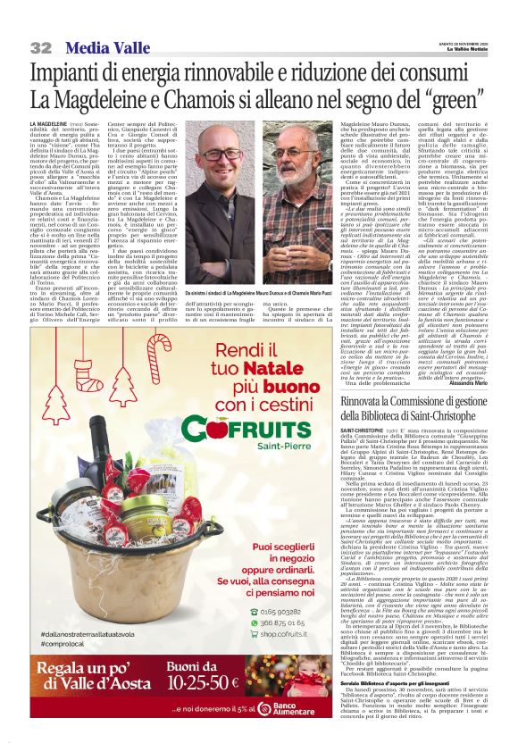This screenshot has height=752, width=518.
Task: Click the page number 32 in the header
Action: [x=41, y=46]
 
